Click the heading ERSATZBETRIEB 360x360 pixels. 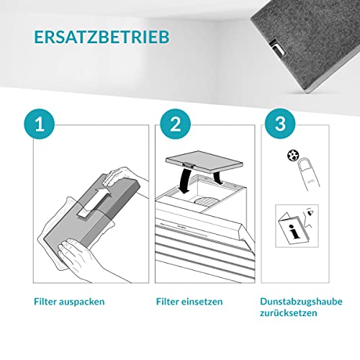point(102,37)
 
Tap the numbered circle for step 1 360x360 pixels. point(40,124)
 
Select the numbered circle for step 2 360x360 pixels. point(176,124)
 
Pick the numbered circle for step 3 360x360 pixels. point(280,124)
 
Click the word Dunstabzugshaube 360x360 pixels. point(301,302)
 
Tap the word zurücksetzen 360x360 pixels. point(289,313)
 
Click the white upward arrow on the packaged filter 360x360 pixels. point(95,203)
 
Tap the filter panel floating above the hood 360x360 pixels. point(204,161)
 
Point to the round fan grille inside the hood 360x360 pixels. point(207,200)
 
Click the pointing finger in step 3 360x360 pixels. point(309,174)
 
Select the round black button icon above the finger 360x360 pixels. point(293,156)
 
